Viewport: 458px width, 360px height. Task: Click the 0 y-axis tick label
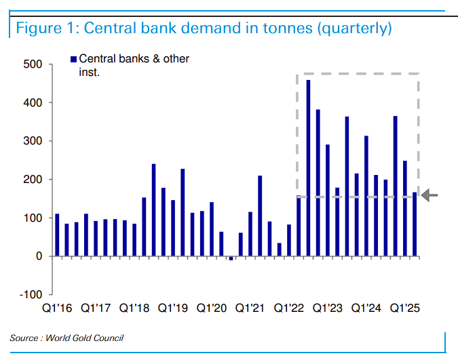(x=39, y=256)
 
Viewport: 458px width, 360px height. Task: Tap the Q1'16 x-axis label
(x=56, y=308)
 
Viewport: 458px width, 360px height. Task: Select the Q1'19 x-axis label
(x=173, y=308)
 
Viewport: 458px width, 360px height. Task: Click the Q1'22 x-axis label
(x=289, y=308)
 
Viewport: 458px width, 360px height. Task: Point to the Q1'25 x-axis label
(x=406, y=308)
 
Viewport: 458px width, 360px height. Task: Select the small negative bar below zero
(x=231, y=258)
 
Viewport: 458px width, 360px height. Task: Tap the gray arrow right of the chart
(x=430, y=196)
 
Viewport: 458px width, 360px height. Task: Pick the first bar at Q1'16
(x=57, y=235)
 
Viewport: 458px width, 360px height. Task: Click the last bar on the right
(x=415, y=224)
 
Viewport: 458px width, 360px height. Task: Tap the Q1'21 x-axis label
(x=250, y=308)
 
